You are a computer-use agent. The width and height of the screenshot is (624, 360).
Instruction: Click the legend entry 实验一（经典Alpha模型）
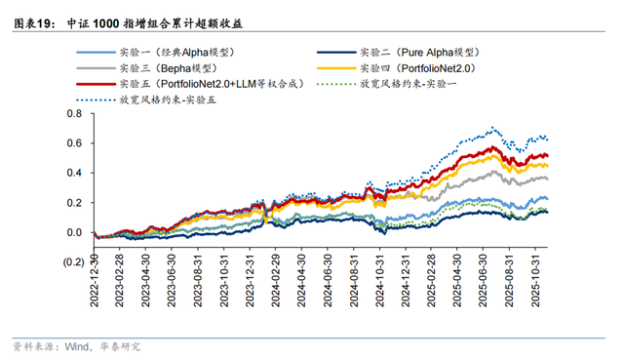point(176,51)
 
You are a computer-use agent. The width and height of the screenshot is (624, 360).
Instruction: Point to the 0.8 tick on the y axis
point(74,114)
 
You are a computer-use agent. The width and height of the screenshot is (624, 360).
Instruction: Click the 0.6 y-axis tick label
point(74,143)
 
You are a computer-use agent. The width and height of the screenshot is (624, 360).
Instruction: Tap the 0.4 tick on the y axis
point(74,173)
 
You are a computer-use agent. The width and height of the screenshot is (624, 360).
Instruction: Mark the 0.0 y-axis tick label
point(74,232)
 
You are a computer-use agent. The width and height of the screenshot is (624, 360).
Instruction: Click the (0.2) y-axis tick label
point(71,262)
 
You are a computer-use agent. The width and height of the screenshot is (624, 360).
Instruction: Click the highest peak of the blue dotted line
point(495,128)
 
